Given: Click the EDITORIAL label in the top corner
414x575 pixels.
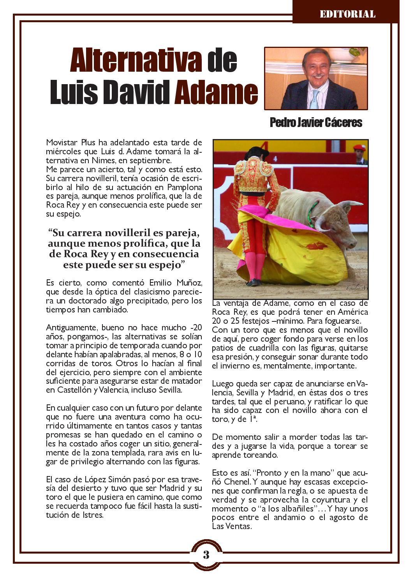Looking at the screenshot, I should pyautogui.click(x=347, y=14).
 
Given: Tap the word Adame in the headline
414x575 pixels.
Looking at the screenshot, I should pyautogui.click(x=216, y=92).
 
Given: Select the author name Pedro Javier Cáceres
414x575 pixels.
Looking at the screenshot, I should pyautogui.click(x=316, y=123).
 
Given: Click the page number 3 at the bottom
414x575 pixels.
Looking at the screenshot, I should pyautogui.click(x=206, y=554).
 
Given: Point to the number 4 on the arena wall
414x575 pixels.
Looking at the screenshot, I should pyautogui.click(x=275, y=159).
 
